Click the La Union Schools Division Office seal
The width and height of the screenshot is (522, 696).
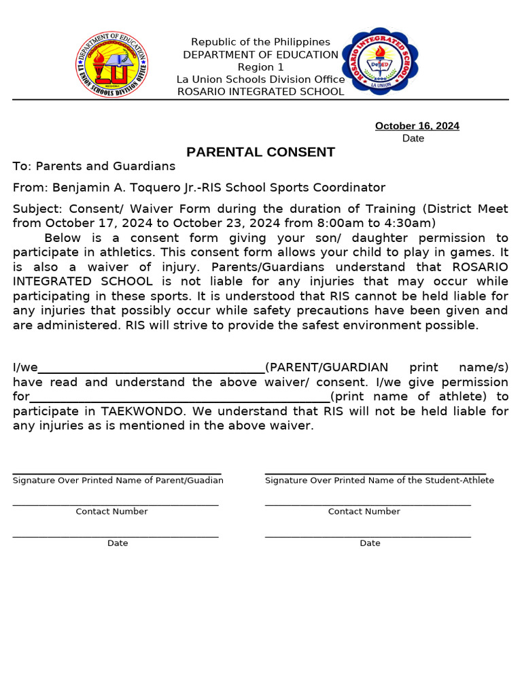[111, 64]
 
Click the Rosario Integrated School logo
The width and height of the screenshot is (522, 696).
[379, 62]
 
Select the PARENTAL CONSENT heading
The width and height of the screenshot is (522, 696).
[261, 152]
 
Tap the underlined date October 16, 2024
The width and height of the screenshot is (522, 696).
[417, 126]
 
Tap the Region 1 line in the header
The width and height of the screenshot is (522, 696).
[260, 67]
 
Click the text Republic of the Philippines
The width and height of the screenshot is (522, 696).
[260, 42]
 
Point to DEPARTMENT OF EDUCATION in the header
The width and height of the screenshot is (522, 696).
[260, 55]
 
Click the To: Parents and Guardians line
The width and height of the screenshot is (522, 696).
[94, 167]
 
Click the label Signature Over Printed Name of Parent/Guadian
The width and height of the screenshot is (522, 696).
[118, 481]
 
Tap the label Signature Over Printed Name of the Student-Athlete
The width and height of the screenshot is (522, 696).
[379, 481]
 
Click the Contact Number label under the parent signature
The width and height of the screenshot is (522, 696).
[111, 512]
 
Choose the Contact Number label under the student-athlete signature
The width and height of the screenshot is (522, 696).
[364, 512]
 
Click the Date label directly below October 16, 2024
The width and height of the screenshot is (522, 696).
[413, 139]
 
